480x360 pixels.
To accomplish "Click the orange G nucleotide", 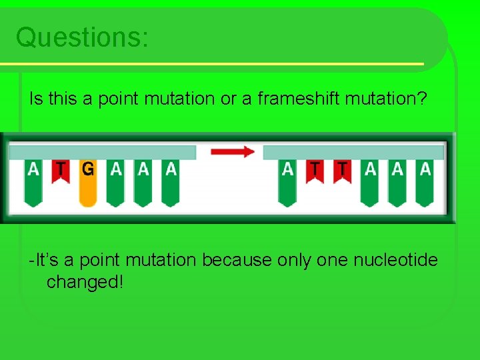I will pyautogui.click(x=88, y=180).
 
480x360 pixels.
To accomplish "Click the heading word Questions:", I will pyautogui.click(x=82, y=37).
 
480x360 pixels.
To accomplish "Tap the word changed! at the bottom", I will pyautogui.click(x=85, y=281).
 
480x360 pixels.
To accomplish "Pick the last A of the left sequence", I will pyautogui.click(x=171, y=179).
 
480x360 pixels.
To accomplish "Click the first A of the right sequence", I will pyautogui.click(x=287, y=179).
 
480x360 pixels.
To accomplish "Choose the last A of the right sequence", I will pyautogui.click(x=425, y=179).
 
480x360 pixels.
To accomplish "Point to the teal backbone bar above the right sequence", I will pyautogui.click(x=353, y=152).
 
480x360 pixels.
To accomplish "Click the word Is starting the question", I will pyautogui.click(x=35, y=99).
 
